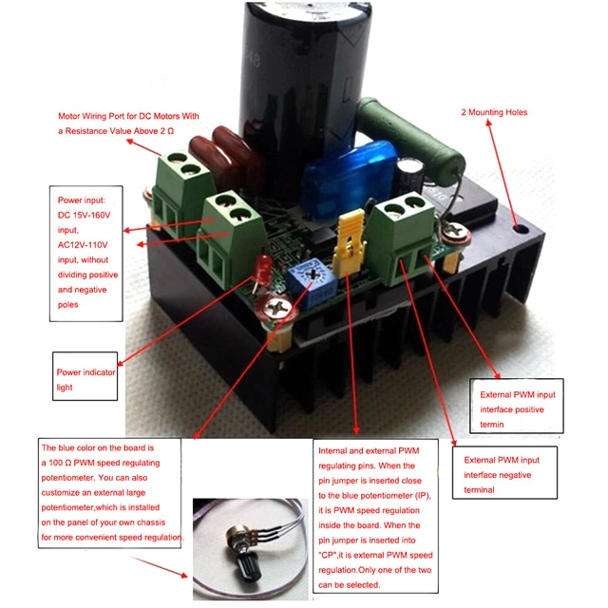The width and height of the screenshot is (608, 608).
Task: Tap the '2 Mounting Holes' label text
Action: tap(493, 112)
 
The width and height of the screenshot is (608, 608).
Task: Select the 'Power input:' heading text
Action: tap(85, 201)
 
